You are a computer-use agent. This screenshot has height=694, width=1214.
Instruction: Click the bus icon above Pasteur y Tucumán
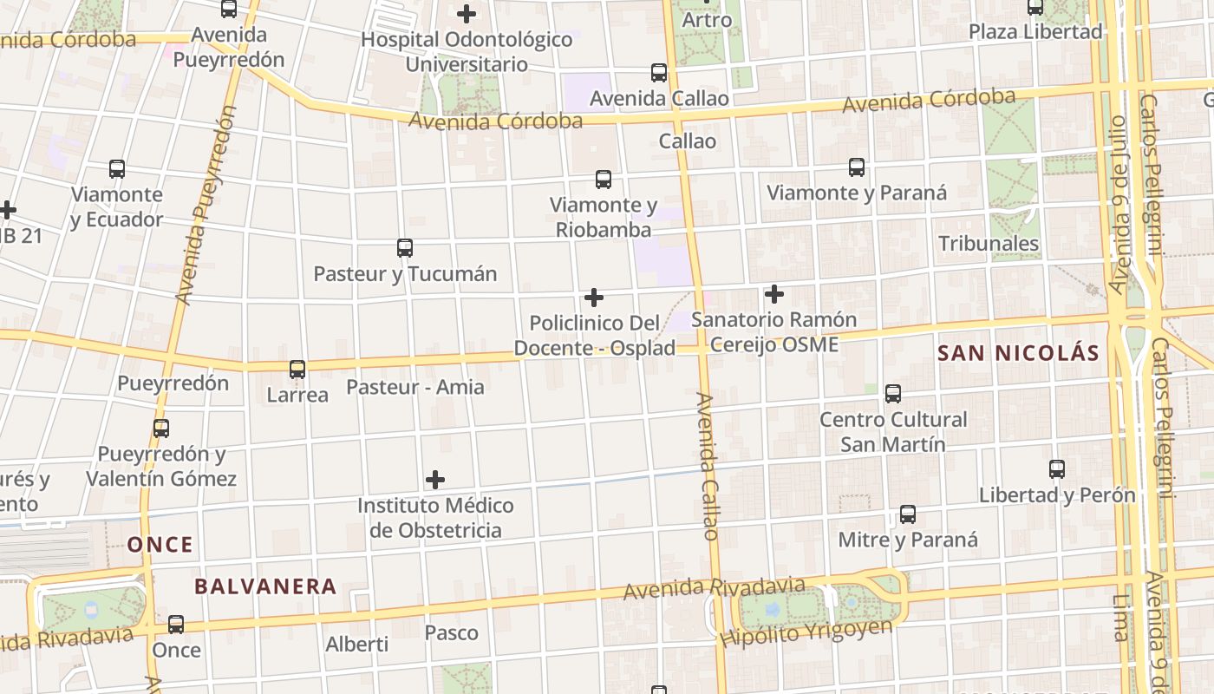pyautogui.click(x=405, y=248)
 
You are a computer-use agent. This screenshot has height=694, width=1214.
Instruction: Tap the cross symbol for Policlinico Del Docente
pyautogui.click(x=594, y=298)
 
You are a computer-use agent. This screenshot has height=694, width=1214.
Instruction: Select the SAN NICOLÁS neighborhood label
pyautogui.click(x=1019, y=353)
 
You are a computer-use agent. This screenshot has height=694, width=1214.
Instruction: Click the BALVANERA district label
pyautogui.click(x=265, y=586)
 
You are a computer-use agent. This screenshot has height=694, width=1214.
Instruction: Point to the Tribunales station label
pyautogui.click(x=989, y=243)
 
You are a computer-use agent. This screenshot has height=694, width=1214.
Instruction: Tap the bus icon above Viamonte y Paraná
pyautogui.click(x=857, y=167)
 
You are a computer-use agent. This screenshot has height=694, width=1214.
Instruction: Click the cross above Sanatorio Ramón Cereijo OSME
pyautogui.click(x=774, y=294)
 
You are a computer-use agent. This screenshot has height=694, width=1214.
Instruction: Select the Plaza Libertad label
pyautogui.click(x=1035, y=32)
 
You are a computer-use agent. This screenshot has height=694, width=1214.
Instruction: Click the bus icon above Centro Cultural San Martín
pyautogui.click(x=893, y=394)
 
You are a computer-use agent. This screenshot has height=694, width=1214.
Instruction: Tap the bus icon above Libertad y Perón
pyautogui.click(x=1057, y=469)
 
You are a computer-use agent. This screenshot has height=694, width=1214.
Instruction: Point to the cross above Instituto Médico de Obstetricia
pyautogui.click(x=435, y=480)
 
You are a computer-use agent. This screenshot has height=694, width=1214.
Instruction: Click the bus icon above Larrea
pyautogui.click(x=297, y=370)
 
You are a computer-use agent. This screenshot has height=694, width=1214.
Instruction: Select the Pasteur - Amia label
pyautogui.click(x=415, y=387)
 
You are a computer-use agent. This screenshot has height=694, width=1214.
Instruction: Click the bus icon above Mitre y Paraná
pyautogui.click(x=908, y=514)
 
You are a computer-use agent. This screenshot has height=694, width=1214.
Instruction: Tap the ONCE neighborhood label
pyautogui.click(x=160, y=545)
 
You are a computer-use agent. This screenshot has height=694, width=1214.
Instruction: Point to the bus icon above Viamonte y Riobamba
pyautogui.click(x=604, y=180)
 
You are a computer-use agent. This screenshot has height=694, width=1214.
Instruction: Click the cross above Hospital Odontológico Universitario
pyautogui.click(x=467, y=14)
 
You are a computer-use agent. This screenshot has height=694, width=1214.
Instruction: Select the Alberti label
pyautogui.click(x=357, y=645)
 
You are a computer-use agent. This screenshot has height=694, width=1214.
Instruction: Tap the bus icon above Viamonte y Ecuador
pyautogui.click(x=117, y=169)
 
